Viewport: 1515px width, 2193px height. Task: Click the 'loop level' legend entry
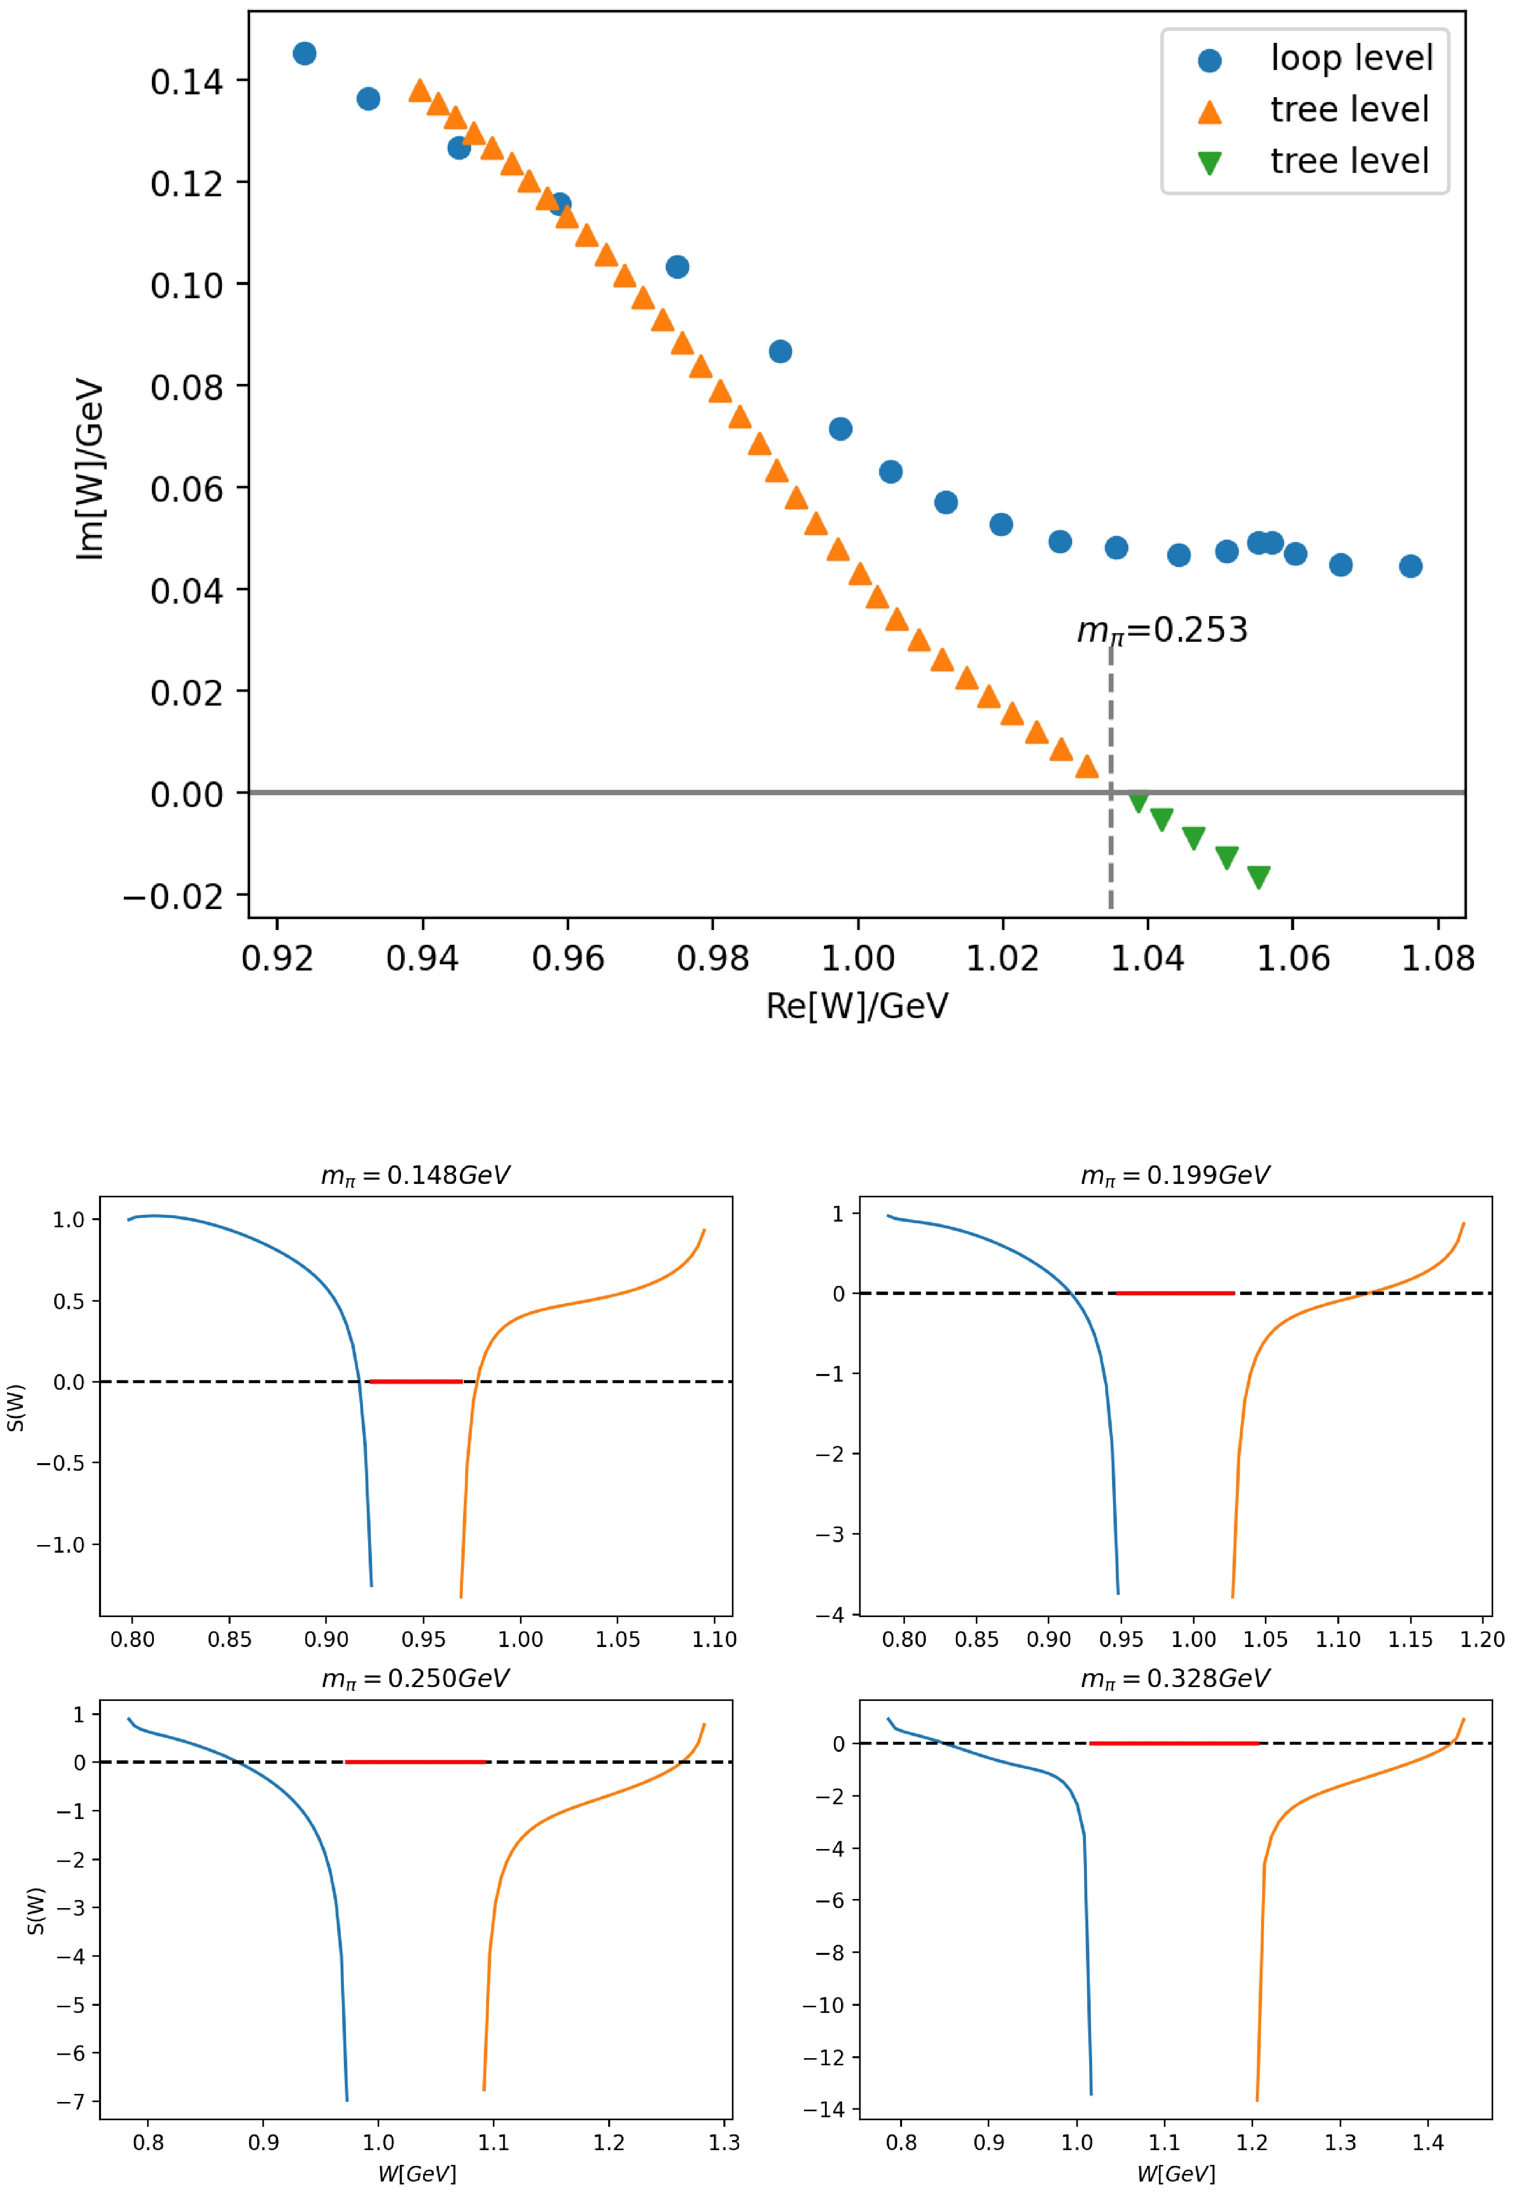pyautogui.click(x=1351, y=59)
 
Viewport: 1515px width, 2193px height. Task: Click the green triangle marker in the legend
pyautogui.click(x=1209, y=163)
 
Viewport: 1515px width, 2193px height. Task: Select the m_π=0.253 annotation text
pyautogui.click(x=1162, y=630)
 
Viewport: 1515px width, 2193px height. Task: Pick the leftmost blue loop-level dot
pyautogui.click(x=304, y=53)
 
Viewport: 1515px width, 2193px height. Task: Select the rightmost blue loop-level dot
pyautogui.click(x=1411, y=566)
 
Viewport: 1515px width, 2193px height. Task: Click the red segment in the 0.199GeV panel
pyautogui.click(x=1174, y=1293)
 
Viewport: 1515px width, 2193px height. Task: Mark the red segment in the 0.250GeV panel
pyautogui.click(x=416, y=1762)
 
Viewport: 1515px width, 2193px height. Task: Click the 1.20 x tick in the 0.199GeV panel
pyautogui.click(x=1482, y=1639)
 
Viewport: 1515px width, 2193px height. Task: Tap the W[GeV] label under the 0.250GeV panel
pyautogui.click(x=417, y=2173)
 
